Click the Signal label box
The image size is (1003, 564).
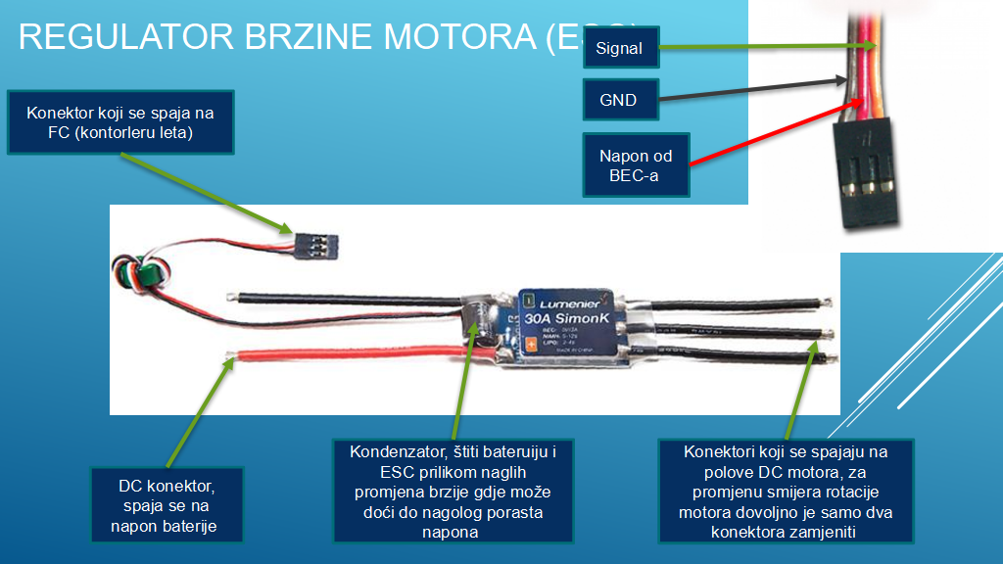point(620,48)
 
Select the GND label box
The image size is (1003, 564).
point(620,100)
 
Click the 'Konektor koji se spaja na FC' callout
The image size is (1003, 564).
point(120,122)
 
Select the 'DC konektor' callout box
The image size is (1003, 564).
point(165,502)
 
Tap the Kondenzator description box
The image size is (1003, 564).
point(454,491)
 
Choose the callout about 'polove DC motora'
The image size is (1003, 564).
point(787,491)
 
